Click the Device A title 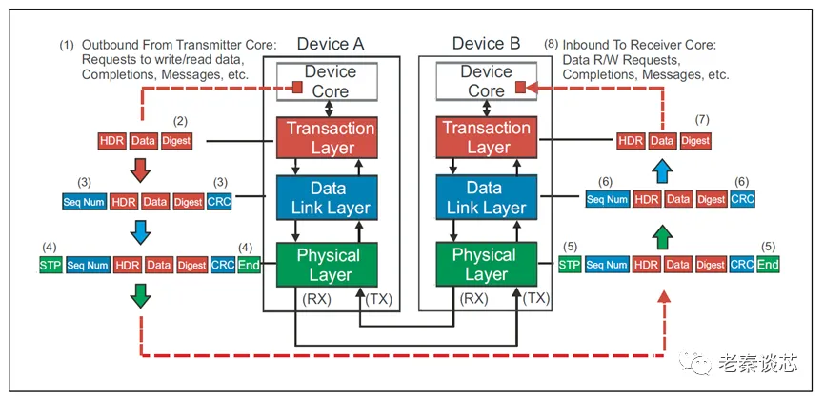pos(330,43)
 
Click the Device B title pos(485,43)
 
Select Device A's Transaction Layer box pos(329,137)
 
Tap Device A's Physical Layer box pos(329,265)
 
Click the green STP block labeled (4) pos(50,265)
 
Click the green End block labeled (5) pos(768,265)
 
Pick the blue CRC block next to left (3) pos(219,201)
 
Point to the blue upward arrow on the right pos(664,169)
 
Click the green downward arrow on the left pos(140,298)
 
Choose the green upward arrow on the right pos(664,232)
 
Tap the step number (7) pos(703,121)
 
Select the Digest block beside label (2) pos(176,141)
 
